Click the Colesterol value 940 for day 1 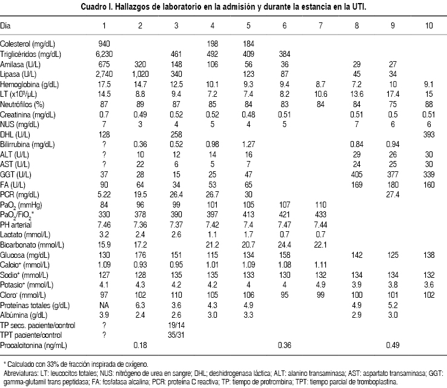coord(104,44)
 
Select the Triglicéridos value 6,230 coord(104,53)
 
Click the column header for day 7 coord(321,27)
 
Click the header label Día coord(6,27)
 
